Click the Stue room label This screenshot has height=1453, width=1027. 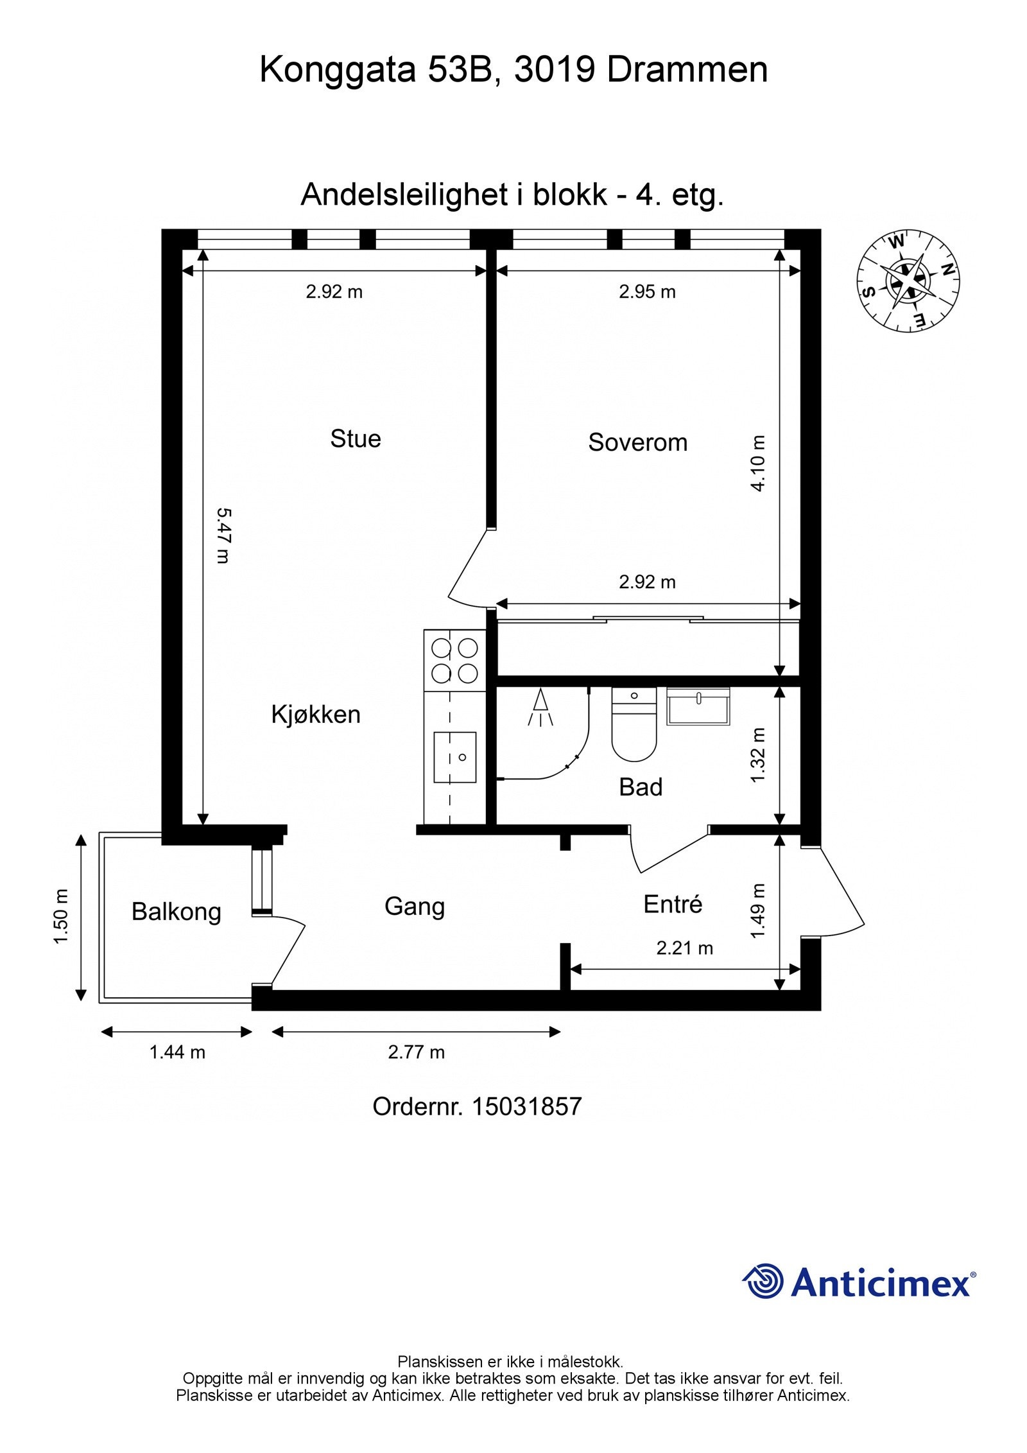pos(356,439)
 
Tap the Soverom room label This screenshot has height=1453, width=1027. pos(638,442)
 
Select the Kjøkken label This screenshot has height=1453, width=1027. pos(316,715)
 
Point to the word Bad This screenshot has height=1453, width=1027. pos(641,787)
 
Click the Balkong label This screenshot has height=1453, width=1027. pos(177,912)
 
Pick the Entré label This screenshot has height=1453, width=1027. pos(673,904)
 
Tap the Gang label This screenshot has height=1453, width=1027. pos(415,907)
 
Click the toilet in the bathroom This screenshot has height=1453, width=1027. pos(634,724)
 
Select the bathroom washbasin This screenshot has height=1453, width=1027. pos(698,706)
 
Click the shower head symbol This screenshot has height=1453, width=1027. pos(541,707)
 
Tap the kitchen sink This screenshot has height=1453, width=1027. pos(455,757)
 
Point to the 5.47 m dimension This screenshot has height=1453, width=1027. pos(223,536)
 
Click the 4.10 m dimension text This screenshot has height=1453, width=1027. pos(758,463)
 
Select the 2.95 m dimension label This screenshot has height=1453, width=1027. pos(647,292)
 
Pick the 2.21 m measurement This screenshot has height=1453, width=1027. pos(685,948)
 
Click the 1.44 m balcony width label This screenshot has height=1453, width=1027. pos(177,1052)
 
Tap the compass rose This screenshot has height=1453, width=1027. pos(908,282)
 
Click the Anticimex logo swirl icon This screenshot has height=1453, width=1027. pos(763,1281)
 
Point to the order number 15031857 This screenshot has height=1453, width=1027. pos(527,1106)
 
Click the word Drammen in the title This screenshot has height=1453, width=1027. pos(687,70)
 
